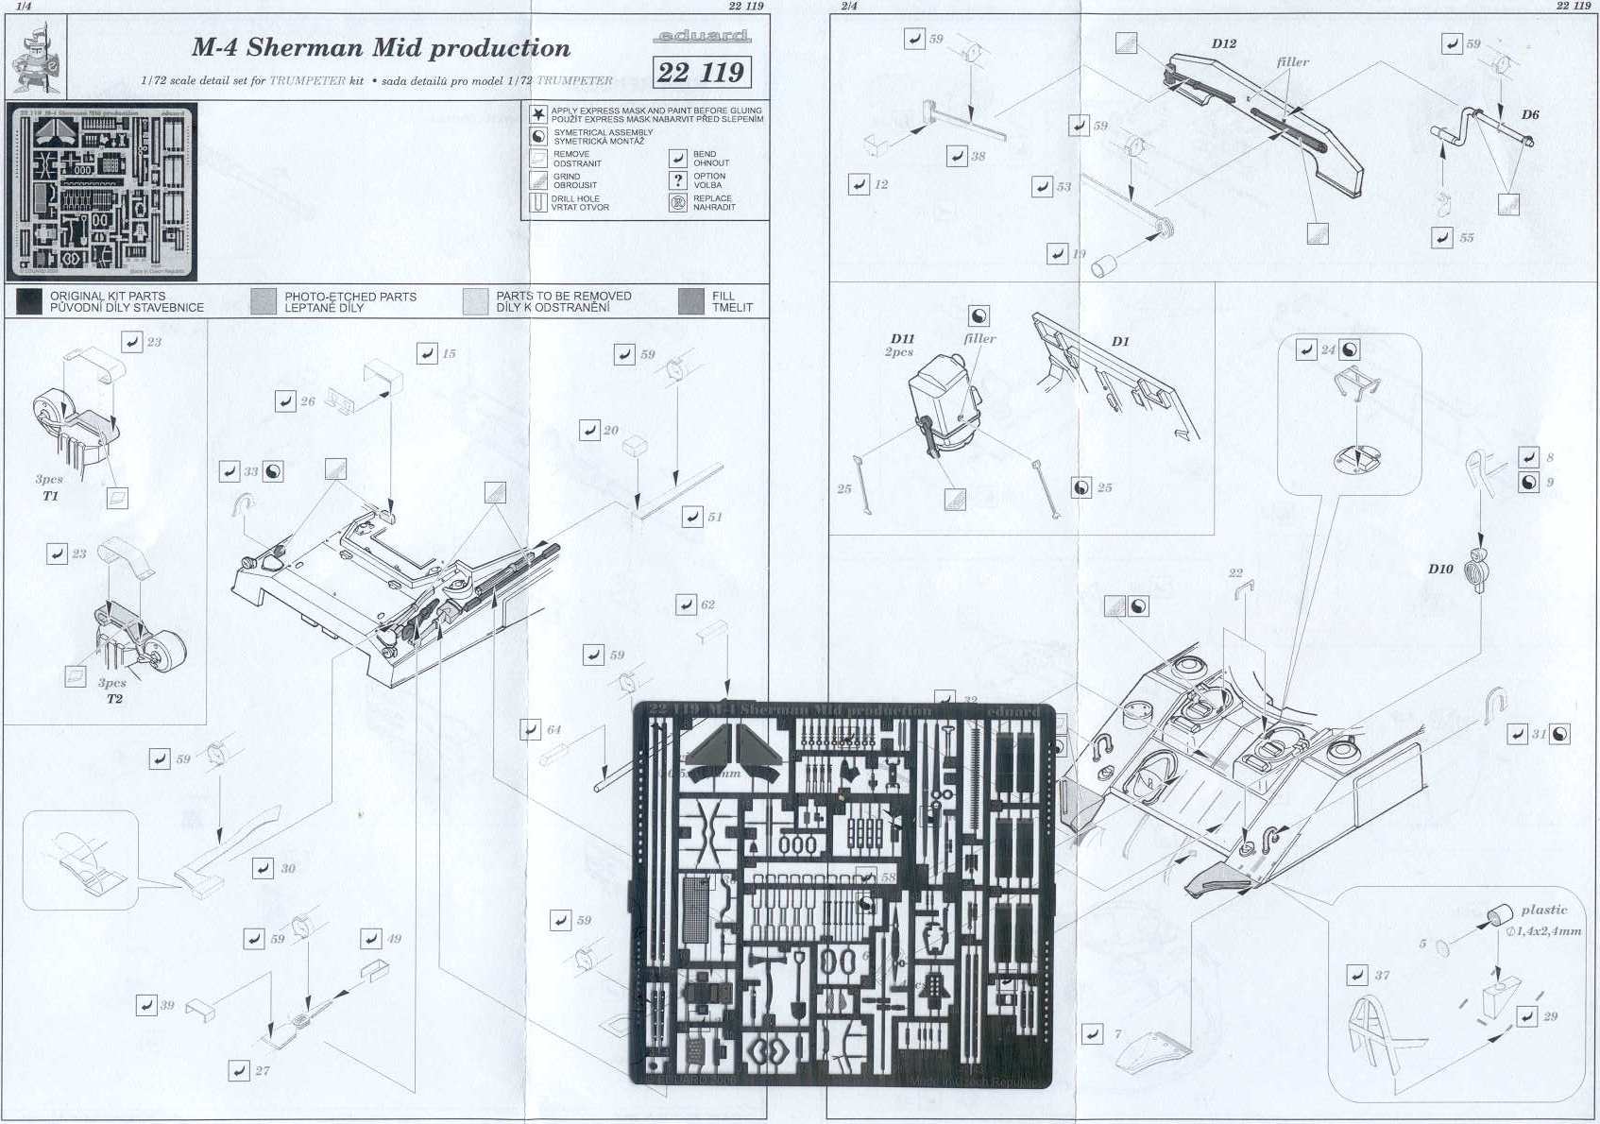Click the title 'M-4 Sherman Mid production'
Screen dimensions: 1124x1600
[x=381, y=48]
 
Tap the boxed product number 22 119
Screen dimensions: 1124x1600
[x=701, y=73]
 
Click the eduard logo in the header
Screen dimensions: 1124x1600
[x=701, y=37]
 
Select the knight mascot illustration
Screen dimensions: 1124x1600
[x=35, y=60]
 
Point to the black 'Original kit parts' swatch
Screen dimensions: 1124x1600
[x=29, y=301]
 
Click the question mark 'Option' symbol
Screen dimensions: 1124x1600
[x=677, y=179]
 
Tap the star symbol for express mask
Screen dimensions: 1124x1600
[x=537, y=115]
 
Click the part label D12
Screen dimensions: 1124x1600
[x=1223, y=44]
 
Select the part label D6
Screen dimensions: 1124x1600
[x=1529, y=114]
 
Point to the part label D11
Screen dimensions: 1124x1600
[x=902, y=338]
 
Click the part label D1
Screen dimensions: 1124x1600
[x=1119, y=341]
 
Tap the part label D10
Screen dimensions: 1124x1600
[x=1440, y=569]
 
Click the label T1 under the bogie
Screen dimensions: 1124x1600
[x=50, y=496]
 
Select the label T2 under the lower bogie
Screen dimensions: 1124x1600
[x=114, y=699]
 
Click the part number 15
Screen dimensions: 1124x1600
[x=449, y=354]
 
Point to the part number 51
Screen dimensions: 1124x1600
[x=715, y=517]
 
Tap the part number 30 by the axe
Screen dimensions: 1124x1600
[x=287, y=868]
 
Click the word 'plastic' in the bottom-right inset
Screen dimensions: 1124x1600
[x=1543, y=910]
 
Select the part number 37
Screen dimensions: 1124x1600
[x=1382, y=975]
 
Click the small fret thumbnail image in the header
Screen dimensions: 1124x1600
[x=102, y=192]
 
